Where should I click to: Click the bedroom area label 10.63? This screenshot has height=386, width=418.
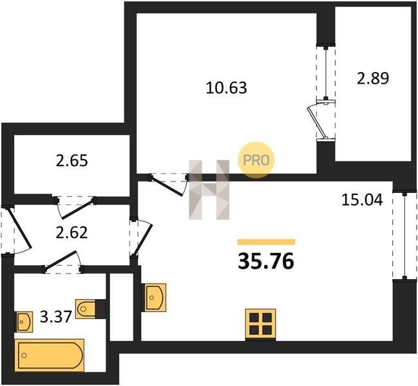point(226,88)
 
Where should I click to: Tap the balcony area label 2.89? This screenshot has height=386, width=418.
point(373,78)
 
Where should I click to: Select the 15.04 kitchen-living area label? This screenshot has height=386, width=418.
point(362,200)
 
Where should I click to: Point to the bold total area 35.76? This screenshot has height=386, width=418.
point(266,261)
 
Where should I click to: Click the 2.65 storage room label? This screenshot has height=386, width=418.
point(71,161)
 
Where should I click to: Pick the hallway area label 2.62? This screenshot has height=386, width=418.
point(71,232)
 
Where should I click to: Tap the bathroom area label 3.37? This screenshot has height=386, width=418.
point(56,317)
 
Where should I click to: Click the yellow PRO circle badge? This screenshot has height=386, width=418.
point(256,160)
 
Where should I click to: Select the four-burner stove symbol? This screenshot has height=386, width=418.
point(261,324)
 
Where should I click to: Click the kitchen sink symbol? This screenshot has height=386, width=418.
point(155,297)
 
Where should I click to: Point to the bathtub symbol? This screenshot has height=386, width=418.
point(50,355)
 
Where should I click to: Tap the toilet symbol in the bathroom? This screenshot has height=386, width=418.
point(86,309)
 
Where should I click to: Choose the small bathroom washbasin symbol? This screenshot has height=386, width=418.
point(24,322)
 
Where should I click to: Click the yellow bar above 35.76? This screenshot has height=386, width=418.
point(266,242)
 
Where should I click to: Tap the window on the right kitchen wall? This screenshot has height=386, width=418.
point(404,235)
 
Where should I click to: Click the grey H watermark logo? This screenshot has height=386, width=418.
point(209,190)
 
